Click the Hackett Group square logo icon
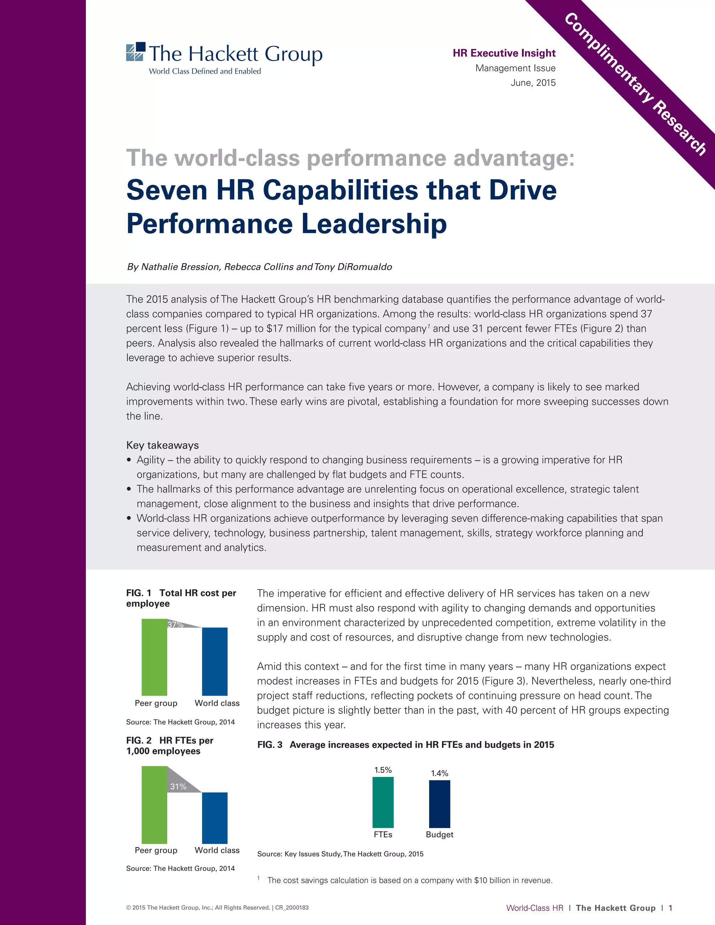135,52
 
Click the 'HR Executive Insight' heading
504,53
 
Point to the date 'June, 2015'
533,83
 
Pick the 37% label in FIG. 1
175,624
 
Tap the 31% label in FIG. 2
178,786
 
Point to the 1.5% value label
383,770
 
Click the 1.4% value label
439,774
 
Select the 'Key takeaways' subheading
162,445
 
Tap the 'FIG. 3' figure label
270,745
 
